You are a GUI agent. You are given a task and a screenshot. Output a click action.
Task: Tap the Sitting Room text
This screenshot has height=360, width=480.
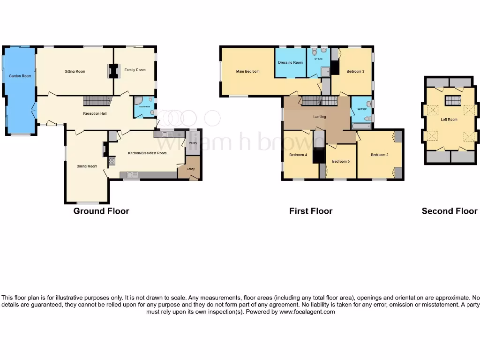pos(75,71)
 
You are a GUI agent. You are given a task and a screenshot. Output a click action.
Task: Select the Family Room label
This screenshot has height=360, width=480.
pos(135,70)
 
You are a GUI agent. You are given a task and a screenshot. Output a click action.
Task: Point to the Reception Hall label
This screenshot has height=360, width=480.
pos(95,113)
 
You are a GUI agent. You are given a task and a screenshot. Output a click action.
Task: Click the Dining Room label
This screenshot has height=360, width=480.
pos(87,166)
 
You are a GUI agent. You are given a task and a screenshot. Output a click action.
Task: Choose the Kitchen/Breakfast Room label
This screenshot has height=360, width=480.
pos(148,153)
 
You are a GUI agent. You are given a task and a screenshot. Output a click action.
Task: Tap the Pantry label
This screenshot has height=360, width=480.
pos(193,143)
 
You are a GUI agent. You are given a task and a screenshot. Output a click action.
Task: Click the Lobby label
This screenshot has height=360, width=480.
pos(191,169)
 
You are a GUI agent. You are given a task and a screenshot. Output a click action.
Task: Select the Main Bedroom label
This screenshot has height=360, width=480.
pos(247,71)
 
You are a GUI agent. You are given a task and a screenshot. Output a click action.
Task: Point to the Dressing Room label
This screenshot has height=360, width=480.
pos(290,62)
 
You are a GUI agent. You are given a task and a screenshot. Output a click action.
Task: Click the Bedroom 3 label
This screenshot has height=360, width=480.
pos(355,71)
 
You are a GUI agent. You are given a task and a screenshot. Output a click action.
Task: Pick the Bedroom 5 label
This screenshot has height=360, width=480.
pos(341,161)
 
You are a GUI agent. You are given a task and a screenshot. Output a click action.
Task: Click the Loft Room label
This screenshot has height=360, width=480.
pos(449,120)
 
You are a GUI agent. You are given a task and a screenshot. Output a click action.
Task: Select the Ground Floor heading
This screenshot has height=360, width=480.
pos(101,211)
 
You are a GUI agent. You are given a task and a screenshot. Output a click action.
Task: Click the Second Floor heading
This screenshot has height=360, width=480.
pos(449,211)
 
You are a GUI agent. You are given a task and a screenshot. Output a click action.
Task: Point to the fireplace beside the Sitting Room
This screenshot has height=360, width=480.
pos(112,71)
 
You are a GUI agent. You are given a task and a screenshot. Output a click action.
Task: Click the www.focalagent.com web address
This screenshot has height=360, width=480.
pos(307,312)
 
